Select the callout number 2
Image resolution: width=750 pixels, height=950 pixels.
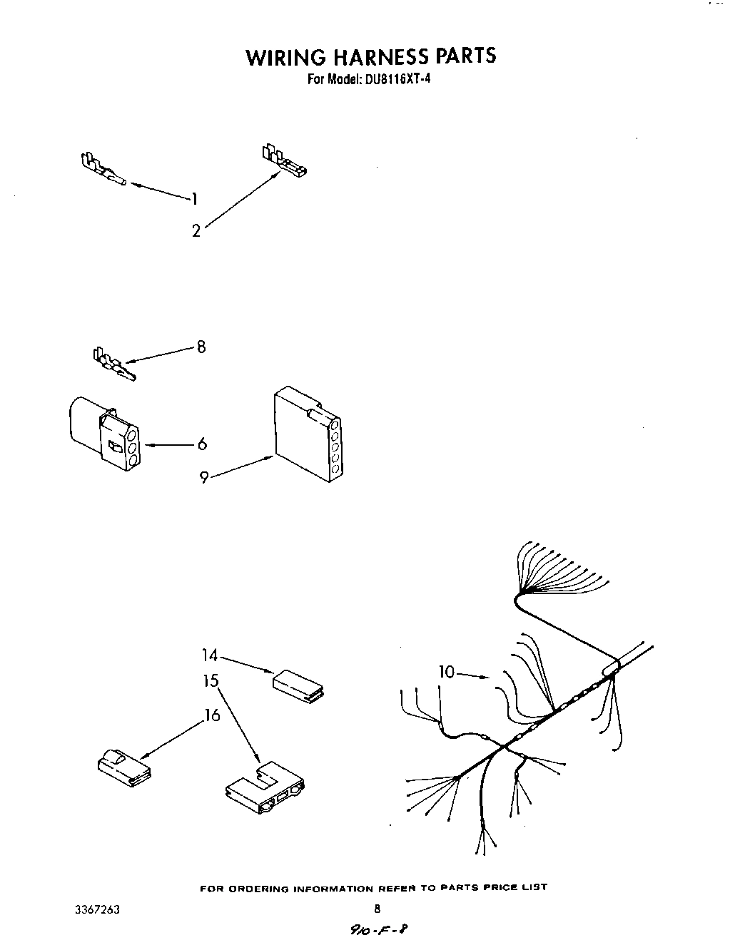click(196, 231)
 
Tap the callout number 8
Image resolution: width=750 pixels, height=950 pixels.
click(201, 347)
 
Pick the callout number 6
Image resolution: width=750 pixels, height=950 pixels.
click(202, 444)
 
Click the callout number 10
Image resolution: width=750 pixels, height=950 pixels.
click(446, 671)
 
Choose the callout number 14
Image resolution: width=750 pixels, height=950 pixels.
click(209, 655)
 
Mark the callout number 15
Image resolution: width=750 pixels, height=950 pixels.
click(210, 681)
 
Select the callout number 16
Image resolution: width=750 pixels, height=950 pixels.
click(213, 715)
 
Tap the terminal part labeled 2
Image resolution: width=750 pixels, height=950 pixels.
click(284, 163)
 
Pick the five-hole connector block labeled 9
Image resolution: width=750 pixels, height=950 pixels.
click(308, 434)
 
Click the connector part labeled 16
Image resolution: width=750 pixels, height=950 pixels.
click(123, 769)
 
